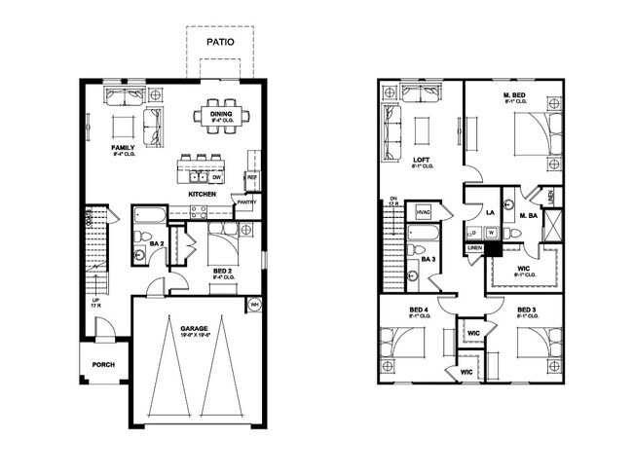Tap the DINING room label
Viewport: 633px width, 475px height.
coord(221,115)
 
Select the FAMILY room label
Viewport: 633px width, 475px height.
coord(123,148)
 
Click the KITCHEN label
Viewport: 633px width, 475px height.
coord(203,195)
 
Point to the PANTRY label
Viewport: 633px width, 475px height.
coord(246,202)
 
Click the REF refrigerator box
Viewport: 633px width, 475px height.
coord(251,178)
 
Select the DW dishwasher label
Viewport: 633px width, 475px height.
coord(217,178)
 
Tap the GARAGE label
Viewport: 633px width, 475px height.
coord(195,329)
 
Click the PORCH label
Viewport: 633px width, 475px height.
coord(104,366)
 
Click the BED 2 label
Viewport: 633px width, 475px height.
coord(221,271)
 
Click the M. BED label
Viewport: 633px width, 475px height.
coord(514,96)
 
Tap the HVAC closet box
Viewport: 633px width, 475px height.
coord(425,211)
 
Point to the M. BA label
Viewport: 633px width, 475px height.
coord(529,215)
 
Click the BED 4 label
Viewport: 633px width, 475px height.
coord(421,311)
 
